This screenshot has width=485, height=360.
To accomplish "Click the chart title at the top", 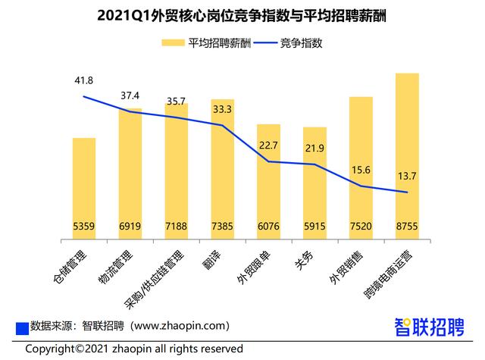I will [242, 14].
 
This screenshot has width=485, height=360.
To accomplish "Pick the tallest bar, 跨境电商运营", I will [408, 152].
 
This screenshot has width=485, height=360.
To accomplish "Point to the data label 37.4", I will [130, 95].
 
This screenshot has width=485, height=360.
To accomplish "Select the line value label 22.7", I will [268, 146].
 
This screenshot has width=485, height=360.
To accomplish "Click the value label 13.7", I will [407, 176].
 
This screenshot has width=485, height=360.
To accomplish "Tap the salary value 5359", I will [83, 227].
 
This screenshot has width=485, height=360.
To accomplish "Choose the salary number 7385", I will [222, 227].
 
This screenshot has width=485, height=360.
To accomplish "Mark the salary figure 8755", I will [408, 227].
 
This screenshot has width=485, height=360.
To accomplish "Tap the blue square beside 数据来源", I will [22, 327].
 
